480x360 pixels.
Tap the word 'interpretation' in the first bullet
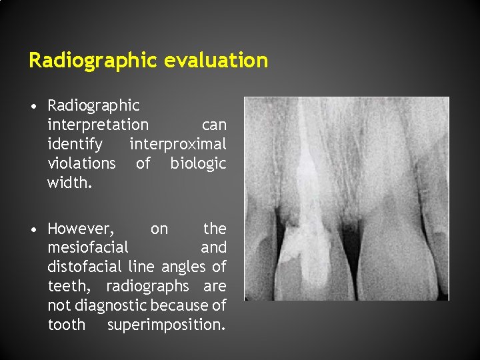[x=98, y=125]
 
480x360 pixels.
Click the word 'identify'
[x=75, y=144]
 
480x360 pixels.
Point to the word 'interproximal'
[x=178, y=144]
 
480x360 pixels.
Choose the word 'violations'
[x=81, y=163]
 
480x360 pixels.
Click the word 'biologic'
[x=198, y=163]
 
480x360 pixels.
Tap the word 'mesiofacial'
[x=88, y=248]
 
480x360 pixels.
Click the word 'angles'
[x=187, y=267]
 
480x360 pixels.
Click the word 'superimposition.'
[x=166, y=325]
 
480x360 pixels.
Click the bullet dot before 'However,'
[x=32, y=230]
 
